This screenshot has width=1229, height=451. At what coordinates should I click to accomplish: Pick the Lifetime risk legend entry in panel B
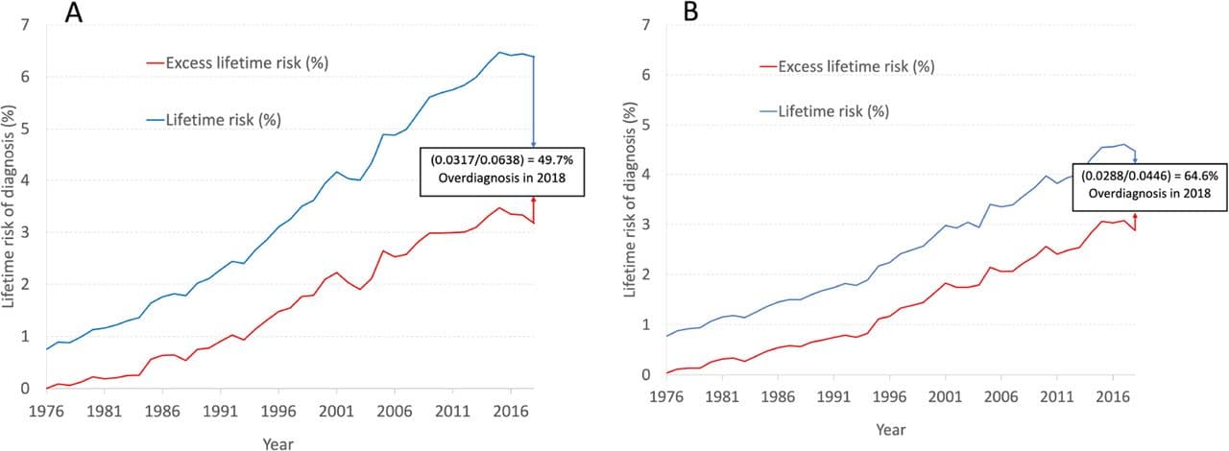click(x=831, y=111)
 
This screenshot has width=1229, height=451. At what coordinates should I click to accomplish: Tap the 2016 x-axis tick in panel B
click(x=1112, y=394)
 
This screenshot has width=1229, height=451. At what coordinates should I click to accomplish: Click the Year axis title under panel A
click(x=278, y=442)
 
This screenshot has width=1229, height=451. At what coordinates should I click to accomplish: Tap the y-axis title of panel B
click(x=631, y=200)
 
